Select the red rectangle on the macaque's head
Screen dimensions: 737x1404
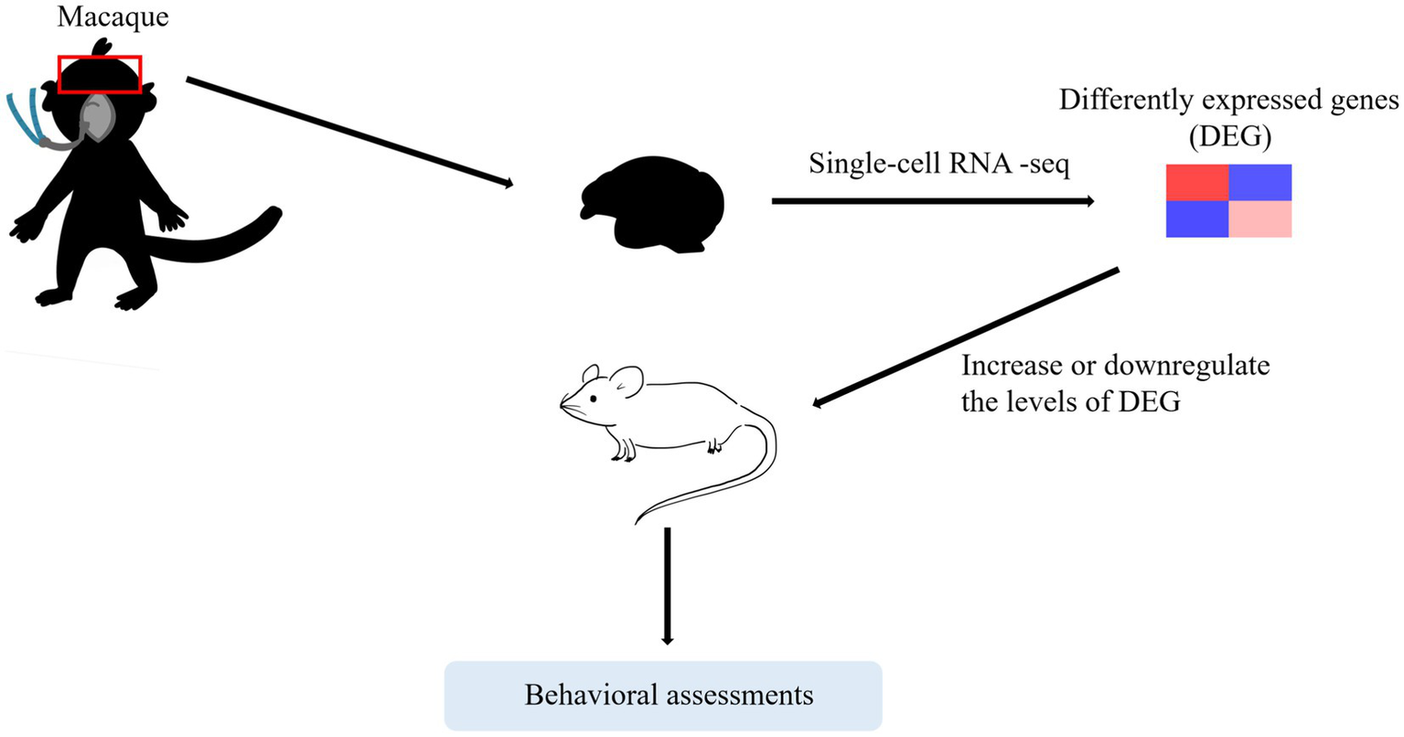(99, 74)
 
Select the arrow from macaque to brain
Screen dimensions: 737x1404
(348, 133)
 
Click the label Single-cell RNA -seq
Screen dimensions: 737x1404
(938, 165)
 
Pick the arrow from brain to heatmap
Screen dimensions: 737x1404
(933, 200)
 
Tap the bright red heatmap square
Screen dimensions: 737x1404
(1196, 182)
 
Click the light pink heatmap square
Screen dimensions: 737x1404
(1259, 219)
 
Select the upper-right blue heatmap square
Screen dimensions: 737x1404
(1259, 182)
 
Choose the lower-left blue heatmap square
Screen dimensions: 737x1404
(1196, 219)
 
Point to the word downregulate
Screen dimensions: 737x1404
(1187, 367)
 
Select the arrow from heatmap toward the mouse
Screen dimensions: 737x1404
(965, 337)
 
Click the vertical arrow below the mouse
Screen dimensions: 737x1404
(667, 585)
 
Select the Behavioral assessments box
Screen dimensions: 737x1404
(663, 695)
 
